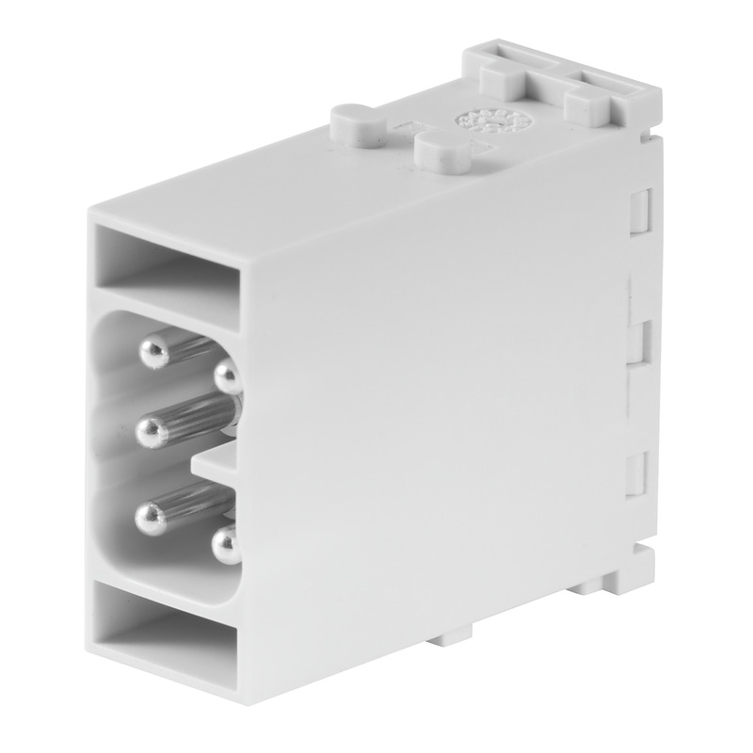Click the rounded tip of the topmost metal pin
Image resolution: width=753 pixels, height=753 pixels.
152,353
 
